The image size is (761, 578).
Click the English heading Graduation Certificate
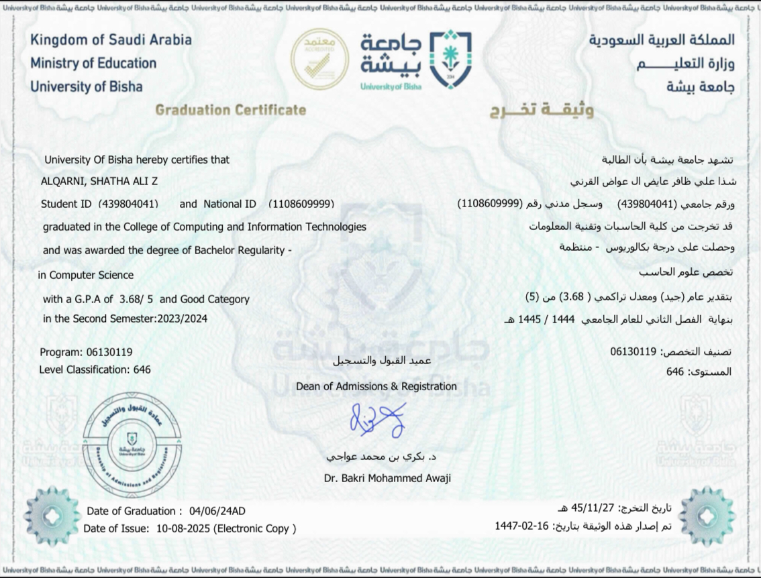pyautogui.click(x=230, y=110)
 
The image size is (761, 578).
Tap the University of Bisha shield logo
pyautogui.click(x=451, y=60)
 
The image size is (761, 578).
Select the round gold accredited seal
pyautogui.click(x=319, y=59)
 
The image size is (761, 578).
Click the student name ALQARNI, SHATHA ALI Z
pyautogui.click(x=99, y=181)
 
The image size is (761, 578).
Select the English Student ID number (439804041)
pyautogui.click(x=128, y=204)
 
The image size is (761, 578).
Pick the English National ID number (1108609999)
pyautogui.click(x=301, y=204)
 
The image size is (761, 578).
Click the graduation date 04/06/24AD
pyautogui.click(x=217, y=511)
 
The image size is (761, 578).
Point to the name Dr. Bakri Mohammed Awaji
pyautogui.click(x=387, y=478)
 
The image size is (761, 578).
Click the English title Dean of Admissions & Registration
pyautogui.click(x=376, y=386)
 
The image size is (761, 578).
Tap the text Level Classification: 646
pyautogui.click(x=95, y=369)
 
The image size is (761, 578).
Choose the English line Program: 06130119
pyautogui.click(x=86, y=352)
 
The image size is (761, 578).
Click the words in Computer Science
pyautogui.click(x=86, y=275)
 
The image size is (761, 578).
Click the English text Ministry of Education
pyautogui.click(x=93, y=63)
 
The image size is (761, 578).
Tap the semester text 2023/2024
pyautogui.click(x=181, y=319)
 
